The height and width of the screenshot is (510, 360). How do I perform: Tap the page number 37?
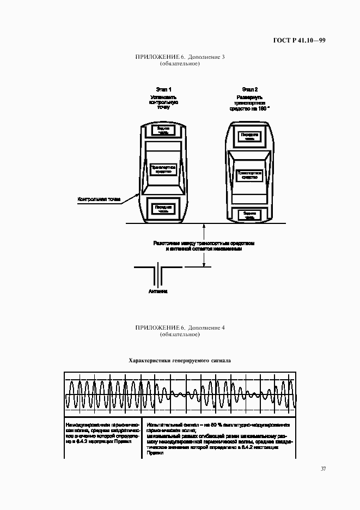[323, 469]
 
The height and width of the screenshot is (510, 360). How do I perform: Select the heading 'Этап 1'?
[164, 89]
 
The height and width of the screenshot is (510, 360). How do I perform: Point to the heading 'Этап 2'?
[250, 89]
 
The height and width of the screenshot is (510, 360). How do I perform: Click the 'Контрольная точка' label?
[99, 199]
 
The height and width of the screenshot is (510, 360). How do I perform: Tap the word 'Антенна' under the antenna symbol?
[158, 292]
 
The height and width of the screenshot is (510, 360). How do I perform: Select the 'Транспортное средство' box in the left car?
[164, 169]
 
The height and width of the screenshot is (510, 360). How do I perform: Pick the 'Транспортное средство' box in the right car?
[250, 175]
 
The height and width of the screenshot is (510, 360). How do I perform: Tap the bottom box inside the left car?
[164, 209]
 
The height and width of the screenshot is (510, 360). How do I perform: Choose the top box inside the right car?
[250, 137]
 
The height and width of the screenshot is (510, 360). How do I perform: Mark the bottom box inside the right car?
[250, 215]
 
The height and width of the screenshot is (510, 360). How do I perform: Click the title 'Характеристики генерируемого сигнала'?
[180, 360]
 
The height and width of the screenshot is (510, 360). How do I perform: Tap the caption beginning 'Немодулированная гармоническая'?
[102, 433]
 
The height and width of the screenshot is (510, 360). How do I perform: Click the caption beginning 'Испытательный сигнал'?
[218, 438]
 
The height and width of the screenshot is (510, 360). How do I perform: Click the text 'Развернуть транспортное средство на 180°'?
[250, 103]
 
